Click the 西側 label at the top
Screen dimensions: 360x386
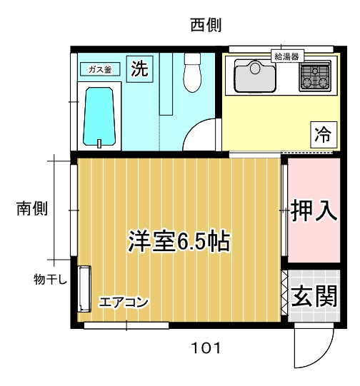click(x=206, y=25)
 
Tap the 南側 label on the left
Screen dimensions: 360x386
click(x=32, y=208)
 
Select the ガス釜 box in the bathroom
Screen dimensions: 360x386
click(x=100, y=69)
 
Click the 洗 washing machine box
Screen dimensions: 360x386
click(x=140, y=69)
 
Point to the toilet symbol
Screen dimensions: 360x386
click(x=192, y=72)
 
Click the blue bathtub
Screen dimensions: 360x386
click(x=99, y=116)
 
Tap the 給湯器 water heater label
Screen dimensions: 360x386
click(x=287, y=56)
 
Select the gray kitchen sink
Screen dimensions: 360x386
click(x=255, y=76)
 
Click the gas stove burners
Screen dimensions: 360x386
click(x=315, y=76)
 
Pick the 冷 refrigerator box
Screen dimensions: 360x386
click(x=324, y=135)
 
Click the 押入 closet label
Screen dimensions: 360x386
click(x=314, y=210)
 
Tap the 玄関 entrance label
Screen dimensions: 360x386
click(x=314, y=296)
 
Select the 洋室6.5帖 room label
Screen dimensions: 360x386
click(x=179, y=241)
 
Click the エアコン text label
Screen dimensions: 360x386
click(x=123, y=302)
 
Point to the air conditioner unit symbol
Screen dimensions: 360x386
click(x=84, y=289)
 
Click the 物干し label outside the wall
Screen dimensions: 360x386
click(x=51, y=279)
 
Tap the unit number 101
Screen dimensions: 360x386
click(x=206, y=348)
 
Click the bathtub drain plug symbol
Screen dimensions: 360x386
click(x=99, y=143)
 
